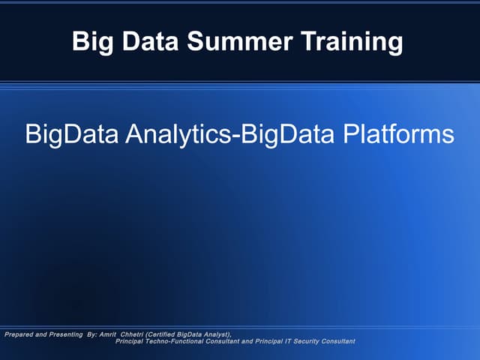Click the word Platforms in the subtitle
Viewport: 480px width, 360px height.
pos(397,135)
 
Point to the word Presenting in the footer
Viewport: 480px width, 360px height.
pos(59,334)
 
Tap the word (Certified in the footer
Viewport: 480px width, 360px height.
pos(160,334)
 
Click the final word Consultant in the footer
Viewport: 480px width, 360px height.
pos(337,341)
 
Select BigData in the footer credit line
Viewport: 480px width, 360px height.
pos(189,334)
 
